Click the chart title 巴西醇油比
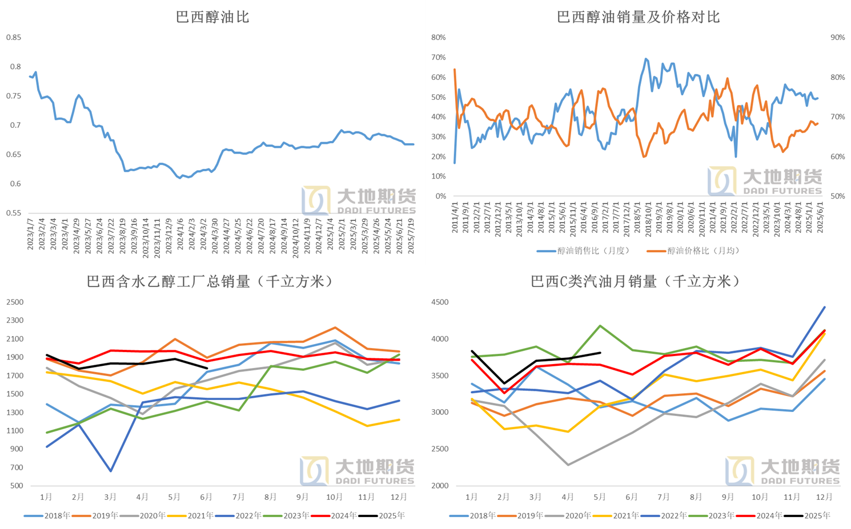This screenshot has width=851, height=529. (x=212, y=17)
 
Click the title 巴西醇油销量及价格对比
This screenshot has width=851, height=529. (x=638, y=17)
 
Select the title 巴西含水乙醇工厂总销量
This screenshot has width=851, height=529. (x=210, y=281)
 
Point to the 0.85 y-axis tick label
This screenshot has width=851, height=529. (x=14, y=38)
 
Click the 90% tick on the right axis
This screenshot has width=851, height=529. (x=837, y=38)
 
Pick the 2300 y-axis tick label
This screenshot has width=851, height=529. (x=15, y=321)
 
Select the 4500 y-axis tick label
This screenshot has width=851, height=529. (x=440, y=302)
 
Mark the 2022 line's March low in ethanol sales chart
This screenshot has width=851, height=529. (x=110, y=471)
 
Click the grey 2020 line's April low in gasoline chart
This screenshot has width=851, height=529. (x=568, y=465)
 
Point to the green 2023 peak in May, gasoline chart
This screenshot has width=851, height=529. (x=600, y=326)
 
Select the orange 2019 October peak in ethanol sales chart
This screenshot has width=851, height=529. (x=335, y=328)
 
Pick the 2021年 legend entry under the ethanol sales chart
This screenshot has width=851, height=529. (x=200, y=516)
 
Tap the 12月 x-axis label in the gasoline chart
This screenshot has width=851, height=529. (x=824, y=497)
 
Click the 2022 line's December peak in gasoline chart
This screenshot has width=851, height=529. (x=824, y=307)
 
